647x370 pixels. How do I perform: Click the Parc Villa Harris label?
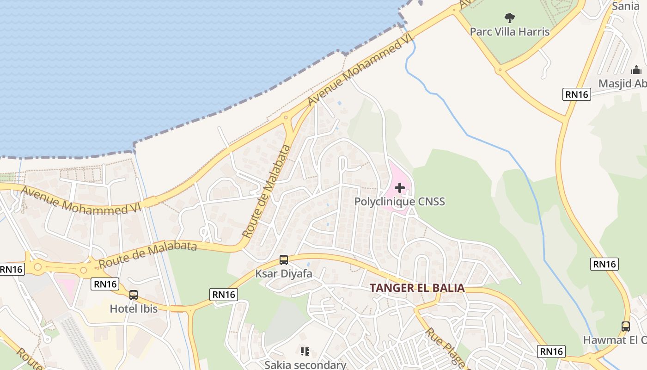coord(510,31)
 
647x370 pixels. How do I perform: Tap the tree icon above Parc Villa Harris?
coord(510,18)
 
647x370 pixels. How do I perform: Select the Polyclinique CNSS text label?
coord(399,201)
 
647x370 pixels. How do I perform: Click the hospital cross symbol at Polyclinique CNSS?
coord(400,188)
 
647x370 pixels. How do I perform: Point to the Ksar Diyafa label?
coord(284,273)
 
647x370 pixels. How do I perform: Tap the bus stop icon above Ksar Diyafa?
coord(284,260)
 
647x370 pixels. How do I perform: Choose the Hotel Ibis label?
coord(134,308)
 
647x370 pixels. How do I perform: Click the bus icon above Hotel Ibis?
coord(134,295)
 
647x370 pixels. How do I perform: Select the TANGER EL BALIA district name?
coord(417,288)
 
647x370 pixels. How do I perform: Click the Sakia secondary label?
coord(305,364)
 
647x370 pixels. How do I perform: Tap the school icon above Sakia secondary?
coord(305,351)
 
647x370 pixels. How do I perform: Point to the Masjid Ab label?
coord(623,83)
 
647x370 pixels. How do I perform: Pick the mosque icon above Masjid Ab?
coord(636,70)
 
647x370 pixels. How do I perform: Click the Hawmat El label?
coord(615,340)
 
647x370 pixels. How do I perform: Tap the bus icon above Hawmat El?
coord(625,326)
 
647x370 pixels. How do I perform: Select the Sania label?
coord(626,6)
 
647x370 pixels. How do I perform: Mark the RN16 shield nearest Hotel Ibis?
coord(105,284)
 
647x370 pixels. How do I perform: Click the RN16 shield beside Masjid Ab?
coord(577,94)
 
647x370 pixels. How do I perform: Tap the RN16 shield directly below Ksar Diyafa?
coord(224,295)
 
